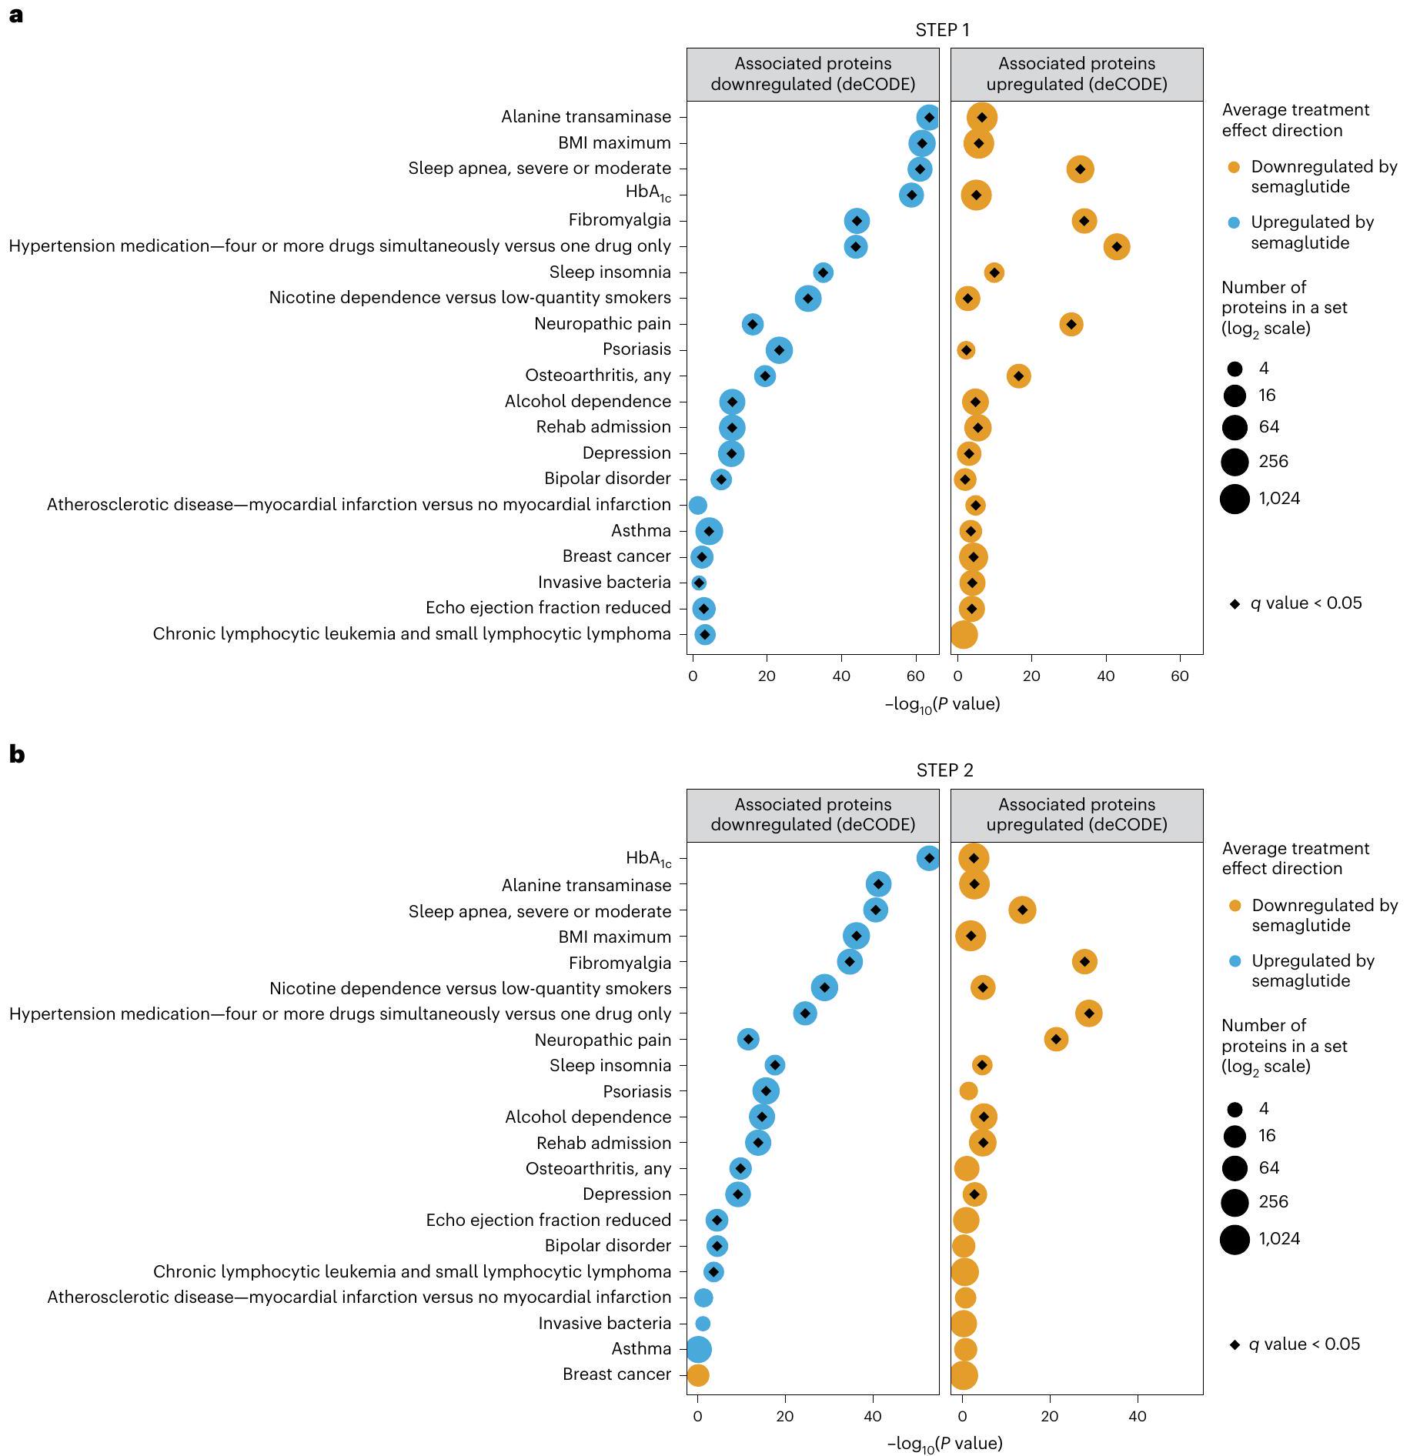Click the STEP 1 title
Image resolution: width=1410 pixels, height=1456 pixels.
(x=942, y=30)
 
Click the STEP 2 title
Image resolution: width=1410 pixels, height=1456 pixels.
(x=944, y=770)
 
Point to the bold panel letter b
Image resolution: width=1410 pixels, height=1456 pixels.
(x=16, y=754)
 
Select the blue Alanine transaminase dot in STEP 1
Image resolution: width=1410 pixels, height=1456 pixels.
(x=928, y=118)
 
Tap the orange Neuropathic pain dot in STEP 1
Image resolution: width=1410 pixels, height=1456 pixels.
(x=1071, y=324)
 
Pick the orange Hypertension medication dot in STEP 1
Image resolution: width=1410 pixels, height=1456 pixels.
(x=1116, y=247)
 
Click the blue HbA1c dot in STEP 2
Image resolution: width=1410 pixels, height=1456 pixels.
(x=928, y=858)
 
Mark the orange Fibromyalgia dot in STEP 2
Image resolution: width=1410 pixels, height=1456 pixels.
(x=1084, y=961)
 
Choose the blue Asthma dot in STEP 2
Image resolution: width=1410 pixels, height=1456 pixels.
(x=698, y=1349)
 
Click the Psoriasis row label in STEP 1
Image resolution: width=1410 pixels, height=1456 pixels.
(x=637, y=349)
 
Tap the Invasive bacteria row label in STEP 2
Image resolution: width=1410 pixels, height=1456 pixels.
(x=604, y=1323)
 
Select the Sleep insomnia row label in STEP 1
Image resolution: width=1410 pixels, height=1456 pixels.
(x=610, y=272)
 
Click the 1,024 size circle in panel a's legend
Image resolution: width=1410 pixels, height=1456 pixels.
(x=1235, y=499)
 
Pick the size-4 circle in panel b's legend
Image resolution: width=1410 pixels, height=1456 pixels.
(x=1235, y=1109)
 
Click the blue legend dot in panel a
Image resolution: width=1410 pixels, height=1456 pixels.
(x=1234, y=223)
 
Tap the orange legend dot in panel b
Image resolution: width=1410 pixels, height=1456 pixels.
(x=1235, y=906)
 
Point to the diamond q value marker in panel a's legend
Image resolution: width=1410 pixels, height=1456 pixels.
(x=1235, y=604)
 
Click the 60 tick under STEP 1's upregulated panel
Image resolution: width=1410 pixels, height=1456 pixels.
(x=1179, y=676)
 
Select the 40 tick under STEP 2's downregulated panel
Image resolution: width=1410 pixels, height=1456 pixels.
(x=873, y=1417)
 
